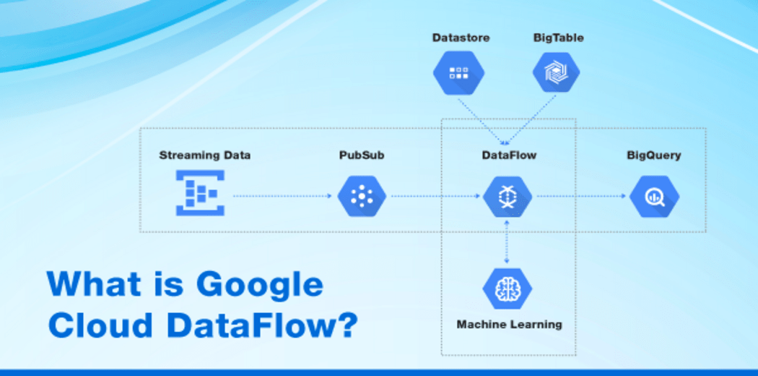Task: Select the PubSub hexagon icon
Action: pyautogui.click(x=362, y=196)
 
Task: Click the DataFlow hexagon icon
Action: pyautogui.click(x=507, y=196)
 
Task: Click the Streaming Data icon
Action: pyautogui.click(x=200, y=193)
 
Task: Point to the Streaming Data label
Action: pyautogui.click(x=205, y=155)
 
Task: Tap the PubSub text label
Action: pyautogui.click(x=362, y=155)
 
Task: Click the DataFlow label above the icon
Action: pyautogui.click(x=509, y=155)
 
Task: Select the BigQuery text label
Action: pyautogui.click(x=653, y=155)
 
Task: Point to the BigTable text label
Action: pyautogui.click(x=558, y=36)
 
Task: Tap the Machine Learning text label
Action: pyautogui.click(x=509, y=324)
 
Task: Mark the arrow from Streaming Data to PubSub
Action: pyautogui.click(x=284, y=196)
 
